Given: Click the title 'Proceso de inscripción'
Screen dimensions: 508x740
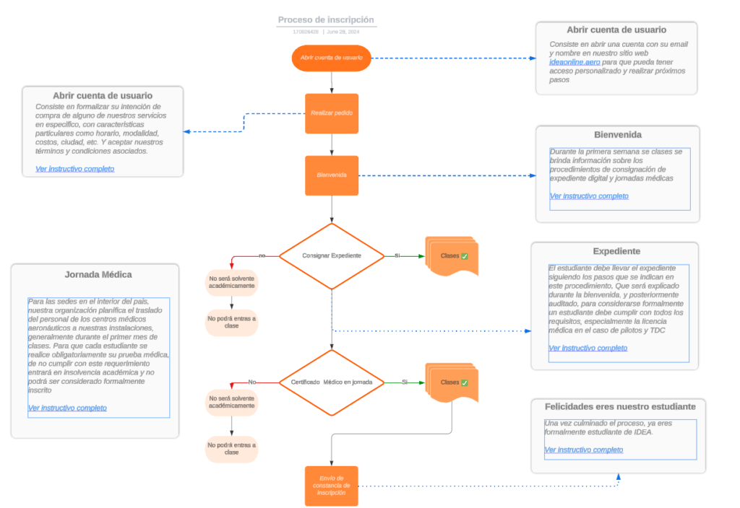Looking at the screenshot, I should point(326,20).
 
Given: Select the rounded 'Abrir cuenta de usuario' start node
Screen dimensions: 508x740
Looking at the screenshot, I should point(331,58).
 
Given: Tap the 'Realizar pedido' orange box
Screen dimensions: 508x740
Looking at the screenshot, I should point(331,113).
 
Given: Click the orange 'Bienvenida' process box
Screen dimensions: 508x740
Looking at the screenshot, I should point(331,175).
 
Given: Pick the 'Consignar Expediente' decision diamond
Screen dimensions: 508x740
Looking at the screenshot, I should point(332,256).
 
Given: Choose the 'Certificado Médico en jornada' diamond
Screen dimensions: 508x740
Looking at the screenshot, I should point(332,382).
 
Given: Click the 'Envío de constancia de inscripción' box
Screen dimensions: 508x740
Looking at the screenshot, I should point(331,486).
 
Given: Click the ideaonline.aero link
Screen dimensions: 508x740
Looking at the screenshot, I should point(575,63).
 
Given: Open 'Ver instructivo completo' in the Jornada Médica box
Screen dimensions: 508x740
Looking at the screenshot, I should point(67,408).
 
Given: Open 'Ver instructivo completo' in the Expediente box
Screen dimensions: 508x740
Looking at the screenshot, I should point(588,348).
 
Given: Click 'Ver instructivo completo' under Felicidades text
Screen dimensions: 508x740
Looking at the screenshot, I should point(583,450).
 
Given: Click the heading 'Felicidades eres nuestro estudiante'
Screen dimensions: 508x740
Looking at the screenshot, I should point(619,407).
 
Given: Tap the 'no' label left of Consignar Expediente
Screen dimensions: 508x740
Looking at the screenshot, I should point(262,255).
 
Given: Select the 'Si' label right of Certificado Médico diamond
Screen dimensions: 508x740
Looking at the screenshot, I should point(405,382).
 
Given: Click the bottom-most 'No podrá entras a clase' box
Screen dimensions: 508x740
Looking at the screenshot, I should point(231,449).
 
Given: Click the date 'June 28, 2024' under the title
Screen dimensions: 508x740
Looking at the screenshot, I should point(343,32).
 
